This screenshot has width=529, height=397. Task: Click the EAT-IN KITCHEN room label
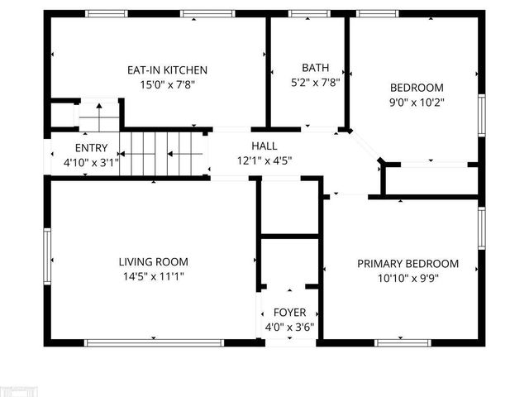coord(167,70)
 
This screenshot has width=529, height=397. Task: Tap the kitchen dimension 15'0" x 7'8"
coord(167,84)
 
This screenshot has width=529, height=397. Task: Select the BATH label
coord(314,68)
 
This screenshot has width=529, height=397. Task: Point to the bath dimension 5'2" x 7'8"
coord(314,81)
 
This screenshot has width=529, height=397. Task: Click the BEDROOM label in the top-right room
coord(417,88)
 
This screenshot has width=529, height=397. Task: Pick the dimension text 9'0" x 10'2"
coord(417,102)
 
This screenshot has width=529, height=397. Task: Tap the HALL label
coord(264,146)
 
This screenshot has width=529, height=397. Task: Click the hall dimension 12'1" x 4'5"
coord(264,160)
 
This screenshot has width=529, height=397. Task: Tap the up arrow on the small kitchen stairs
coord(98,109)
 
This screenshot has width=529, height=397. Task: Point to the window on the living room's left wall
coord(48,256)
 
